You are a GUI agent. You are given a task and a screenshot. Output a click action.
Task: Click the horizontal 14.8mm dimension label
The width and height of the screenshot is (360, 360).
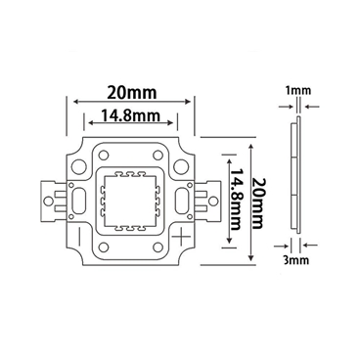point(128,119)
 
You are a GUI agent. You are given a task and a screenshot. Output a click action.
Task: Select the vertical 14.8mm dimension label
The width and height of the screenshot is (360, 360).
point(235,201)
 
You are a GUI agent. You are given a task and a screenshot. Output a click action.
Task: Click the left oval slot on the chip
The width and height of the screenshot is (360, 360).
point(75,200)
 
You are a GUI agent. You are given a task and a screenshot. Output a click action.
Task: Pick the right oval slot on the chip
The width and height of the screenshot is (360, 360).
point(182,200)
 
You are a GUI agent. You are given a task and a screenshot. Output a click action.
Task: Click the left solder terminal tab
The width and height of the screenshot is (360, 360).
point(52,200)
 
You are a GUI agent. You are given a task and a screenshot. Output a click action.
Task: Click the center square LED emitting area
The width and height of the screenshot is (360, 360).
point(128,200)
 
